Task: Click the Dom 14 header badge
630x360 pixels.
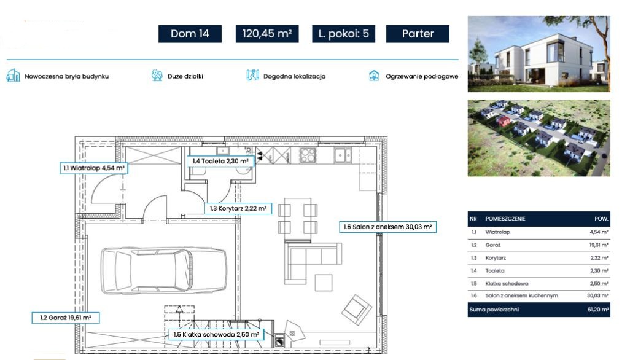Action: click(190, 34)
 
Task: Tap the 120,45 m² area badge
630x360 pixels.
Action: click(266, 34)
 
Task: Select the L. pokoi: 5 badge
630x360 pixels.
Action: click(343, 34)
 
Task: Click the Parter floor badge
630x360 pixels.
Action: click(418, 34)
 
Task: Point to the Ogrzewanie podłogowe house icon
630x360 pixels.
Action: click(374, 76)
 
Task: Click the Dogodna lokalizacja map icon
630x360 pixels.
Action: click(253, 75)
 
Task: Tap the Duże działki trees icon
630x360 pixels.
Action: click(157, 75)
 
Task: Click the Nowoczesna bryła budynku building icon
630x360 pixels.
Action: click(13, 75)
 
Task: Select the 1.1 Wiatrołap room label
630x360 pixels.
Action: click(93, 168)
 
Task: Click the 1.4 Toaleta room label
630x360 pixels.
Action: click(220, 161)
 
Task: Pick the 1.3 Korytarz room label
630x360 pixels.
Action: click(238, 208)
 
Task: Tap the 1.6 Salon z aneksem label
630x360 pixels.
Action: click(387, 227)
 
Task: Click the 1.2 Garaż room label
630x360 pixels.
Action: click(66, 318)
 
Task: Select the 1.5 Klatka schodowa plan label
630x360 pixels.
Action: click(216, 334)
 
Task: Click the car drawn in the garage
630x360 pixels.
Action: click(163, 270)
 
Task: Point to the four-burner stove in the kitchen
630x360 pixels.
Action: click(308, 155)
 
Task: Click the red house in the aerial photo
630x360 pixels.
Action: click(503, 120)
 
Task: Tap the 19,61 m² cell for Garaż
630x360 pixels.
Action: click(599, 245)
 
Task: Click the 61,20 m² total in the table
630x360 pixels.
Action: click(598, 310)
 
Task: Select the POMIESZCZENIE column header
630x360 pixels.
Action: click(505, 219)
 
